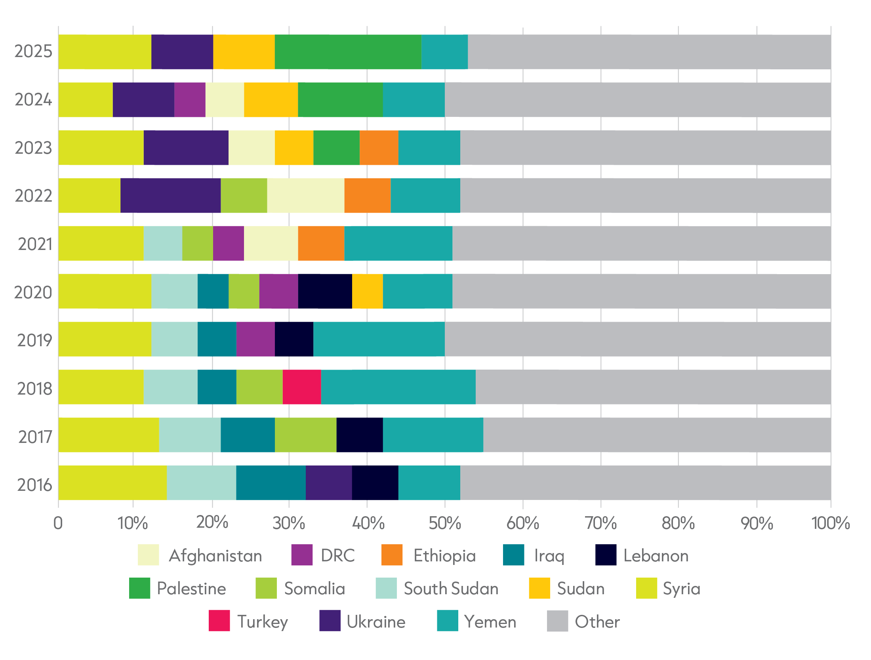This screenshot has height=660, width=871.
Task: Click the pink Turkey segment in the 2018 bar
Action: click(302, 387)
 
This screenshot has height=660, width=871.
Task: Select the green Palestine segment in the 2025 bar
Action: click(348, 52)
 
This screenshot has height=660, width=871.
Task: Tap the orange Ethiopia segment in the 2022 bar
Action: click(368, 196)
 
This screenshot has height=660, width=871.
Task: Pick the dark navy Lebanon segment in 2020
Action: click(325, 291)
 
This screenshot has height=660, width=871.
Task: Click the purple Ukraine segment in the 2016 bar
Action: click(329, 483)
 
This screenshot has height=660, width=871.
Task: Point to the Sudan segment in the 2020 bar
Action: click(368, 291)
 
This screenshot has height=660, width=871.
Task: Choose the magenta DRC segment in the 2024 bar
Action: click(190, 100)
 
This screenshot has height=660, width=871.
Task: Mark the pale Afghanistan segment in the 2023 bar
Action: click(252, 148)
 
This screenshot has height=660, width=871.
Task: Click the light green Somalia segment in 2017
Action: click(306, 435)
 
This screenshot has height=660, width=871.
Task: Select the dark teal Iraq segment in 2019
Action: click(217, 339)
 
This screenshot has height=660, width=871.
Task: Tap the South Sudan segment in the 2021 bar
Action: click(163, 243)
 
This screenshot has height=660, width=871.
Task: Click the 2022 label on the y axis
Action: click(33, 196)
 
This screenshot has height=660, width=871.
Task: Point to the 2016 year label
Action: click(34, 485)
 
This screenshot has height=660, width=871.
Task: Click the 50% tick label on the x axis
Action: click(445, 523)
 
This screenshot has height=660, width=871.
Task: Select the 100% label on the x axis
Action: click(831, 523)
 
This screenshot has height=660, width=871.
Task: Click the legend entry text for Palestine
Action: click(191, 589)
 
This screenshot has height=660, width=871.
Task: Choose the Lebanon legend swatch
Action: click(606, 555)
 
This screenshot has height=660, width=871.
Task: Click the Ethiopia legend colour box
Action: click(392, 555)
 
